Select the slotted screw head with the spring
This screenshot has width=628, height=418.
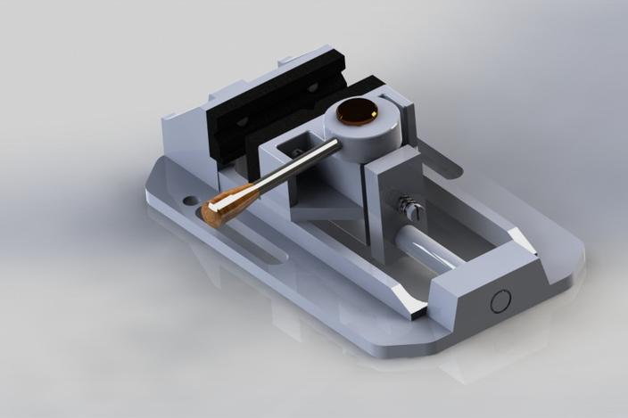[x=411, y=209]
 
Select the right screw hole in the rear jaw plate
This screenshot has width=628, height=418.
[x=313, y=86]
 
